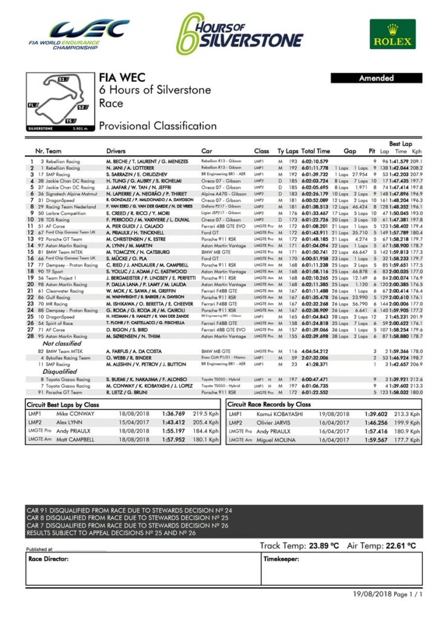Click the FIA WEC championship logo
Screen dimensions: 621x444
[x=79, y=34]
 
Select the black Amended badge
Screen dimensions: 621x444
[x=376, y=78]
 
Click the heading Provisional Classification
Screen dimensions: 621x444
[x=157, y=126]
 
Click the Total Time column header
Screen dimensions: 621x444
[x=316, y=150]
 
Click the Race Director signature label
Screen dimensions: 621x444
[x=48, y=559]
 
